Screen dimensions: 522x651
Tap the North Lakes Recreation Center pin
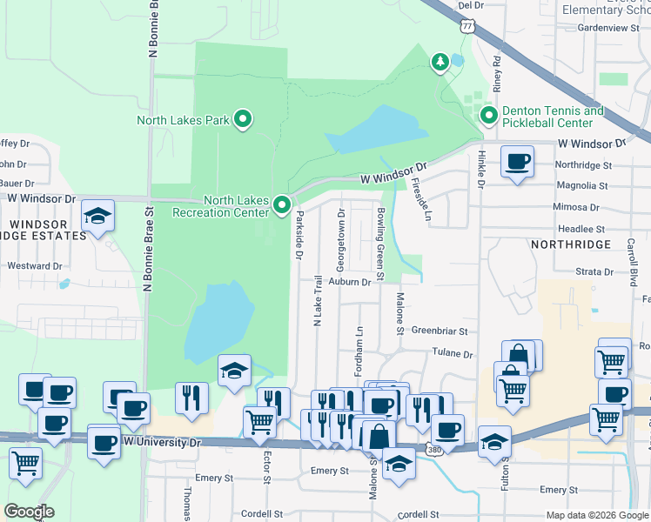pos(282,205)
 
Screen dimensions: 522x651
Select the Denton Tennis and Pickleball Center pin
pos(488,116)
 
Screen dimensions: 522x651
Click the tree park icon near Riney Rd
pos(440,62)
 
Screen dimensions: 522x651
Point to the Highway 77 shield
pos(468,26)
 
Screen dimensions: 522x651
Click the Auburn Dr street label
pos(351,282)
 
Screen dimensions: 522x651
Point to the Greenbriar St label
pos(440,331)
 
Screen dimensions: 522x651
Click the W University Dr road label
pos(161,442)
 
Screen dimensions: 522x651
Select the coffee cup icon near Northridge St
pos(517,162)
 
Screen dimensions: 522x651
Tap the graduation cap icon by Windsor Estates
pos(97,216)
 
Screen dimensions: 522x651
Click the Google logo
pos(29,512)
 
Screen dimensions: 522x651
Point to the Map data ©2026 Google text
pos(596,515)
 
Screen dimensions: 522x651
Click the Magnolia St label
pos(582,185)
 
